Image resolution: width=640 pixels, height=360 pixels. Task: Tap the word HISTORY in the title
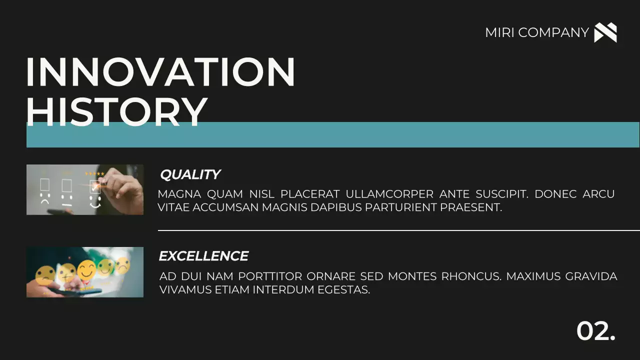(x=116, y=110)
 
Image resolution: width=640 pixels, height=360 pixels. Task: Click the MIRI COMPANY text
(x=536, y=32)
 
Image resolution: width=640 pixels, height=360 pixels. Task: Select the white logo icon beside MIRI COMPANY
(x=605, y=32)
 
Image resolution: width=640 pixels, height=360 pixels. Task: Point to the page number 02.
(x=595, y=330)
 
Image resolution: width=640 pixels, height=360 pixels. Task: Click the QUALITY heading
(x=190, y=174)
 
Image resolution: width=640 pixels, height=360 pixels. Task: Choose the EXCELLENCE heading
(x=203, y=256)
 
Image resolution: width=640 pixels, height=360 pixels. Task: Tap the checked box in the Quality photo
(x=94, y=186)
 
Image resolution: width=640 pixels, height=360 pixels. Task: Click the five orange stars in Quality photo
(x=94, y=174)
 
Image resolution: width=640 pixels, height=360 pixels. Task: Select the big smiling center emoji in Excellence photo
(x=86, y=270)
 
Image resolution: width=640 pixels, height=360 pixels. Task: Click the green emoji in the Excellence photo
(x=105, y=268)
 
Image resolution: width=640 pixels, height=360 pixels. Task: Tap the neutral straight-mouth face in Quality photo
(x=67, y=198)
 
